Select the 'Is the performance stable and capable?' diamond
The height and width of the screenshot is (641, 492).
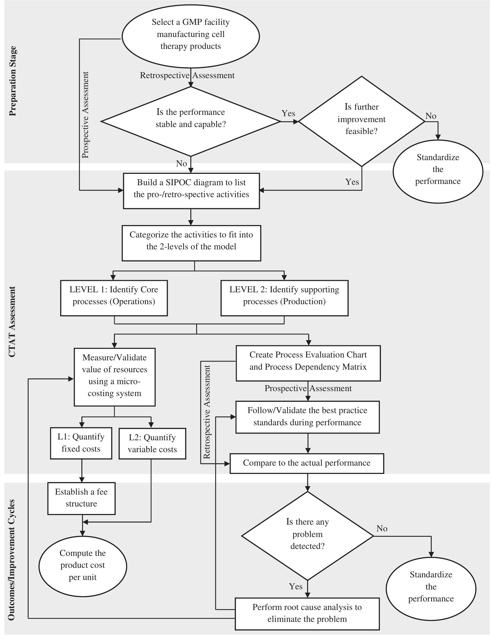[x=190, y=121]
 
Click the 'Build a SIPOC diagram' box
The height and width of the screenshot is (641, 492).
[x=191, y=190]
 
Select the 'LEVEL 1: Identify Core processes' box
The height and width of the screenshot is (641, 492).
[x=114, y=297]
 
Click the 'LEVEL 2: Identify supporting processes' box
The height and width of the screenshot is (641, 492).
[x=284, y=297]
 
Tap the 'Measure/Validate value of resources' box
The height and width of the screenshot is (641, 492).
[x=114, y=377]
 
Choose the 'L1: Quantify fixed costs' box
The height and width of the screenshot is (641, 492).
[x=81, y=443]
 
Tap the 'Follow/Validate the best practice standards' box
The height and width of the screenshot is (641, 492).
[x=308, y=417]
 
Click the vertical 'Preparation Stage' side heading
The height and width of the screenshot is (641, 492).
[x=13, y=81]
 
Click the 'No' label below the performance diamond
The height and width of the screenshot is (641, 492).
[x=181, y=163]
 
